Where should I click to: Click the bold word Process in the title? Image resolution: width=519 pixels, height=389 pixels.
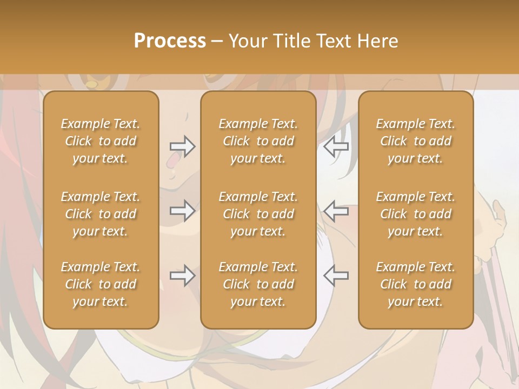170,41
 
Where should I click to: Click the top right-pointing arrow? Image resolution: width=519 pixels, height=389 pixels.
183,146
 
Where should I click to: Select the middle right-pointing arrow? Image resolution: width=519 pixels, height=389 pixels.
183,210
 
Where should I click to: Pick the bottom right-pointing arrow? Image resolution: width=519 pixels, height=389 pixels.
183,276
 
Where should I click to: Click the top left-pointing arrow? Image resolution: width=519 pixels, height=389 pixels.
336,146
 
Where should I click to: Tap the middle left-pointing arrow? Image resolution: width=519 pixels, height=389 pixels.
336,210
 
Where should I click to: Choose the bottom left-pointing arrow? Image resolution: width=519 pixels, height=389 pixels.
336,276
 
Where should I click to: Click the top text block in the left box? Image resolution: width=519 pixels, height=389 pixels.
101,141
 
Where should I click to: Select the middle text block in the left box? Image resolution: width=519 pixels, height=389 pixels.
101,214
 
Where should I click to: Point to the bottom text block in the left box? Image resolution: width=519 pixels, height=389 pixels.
101,284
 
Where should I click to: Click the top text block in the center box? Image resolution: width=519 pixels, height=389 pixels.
258,141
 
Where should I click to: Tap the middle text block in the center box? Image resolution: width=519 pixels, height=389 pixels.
258,214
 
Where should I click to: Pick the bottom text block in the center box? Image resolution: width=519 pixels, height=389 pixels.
258,284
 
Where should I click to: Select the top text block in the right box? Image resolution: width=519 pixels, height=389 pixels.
415,141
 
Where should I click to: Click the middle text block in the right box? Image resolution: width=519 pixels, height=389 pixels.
415,214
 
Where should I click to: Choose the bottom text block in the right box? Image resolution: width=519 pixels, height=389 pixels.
415,284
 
